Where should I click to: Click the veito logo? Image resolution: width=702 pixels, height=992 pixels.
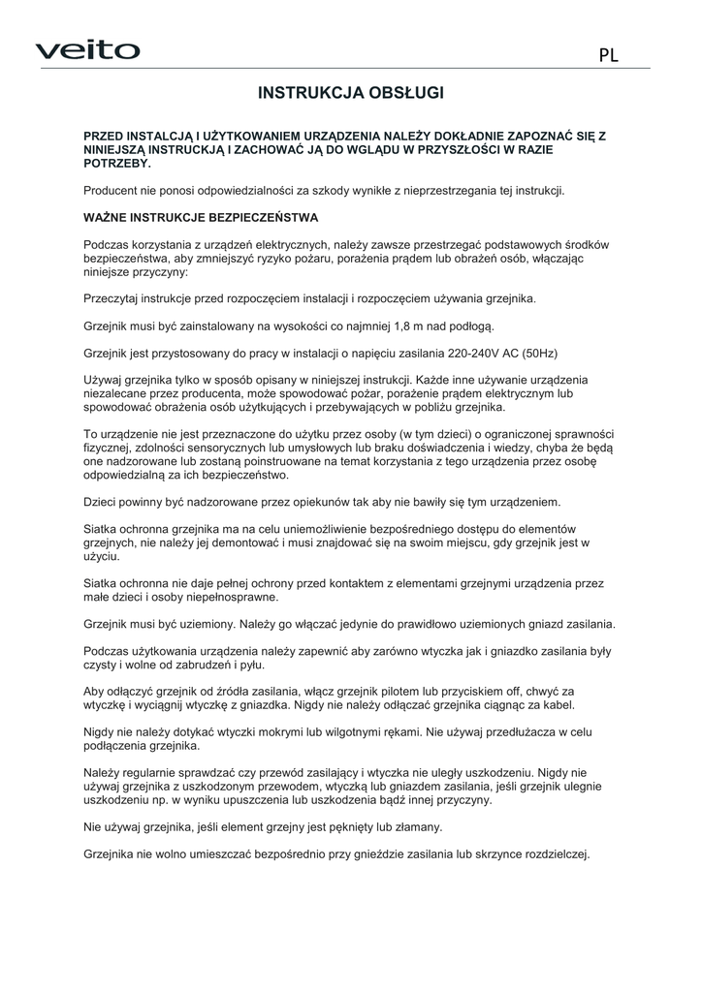click(88, 50)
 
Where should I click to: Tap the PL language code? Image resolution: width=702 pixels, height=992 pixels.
click(608, 55)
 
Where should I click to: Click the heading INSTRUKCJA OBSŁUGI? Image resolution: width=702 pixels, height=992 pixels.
click(351, 93)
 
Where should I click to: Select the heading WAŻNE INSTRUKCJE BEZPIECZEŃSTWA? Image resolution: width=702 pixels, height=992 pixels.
click(201, 217)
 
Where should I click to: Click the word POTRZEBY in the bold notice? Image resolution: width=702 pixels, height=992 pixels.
click(112, 164)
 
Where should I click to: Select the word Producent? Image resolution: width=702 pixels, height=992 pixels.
click(112, 191)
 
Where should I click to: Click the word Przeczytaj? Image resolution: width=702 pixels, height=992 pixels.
click(113, 299)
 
